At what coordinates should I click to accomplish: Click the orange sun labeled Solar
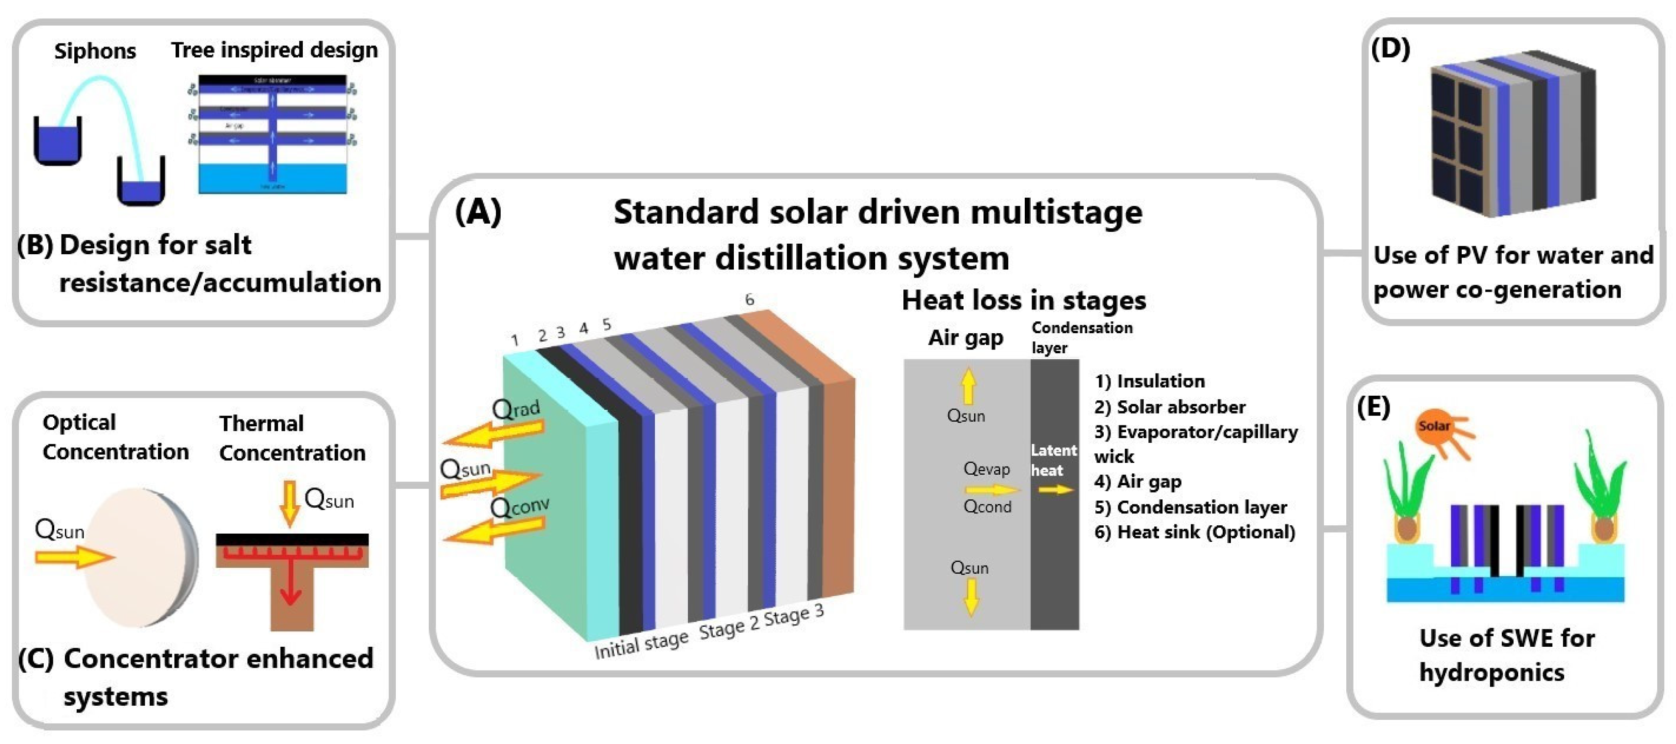[1435, 428]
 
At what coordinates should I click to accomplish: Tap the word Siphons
[95, 51]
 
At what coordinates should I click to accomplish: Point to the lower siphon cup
[140, 182]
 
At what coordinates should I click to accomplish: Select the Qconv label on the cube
[520, 506]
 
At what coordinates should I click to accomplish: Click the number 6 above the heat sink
[749, 299]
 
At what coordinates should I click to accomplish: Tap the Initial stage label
[641, 644]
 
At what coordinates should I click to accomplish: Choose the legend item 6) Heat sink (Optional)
[1194, 533]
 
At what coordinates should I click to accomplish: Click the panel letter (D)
[1391, 49]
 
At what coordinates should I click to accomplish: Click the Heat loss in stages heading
[1023, 300]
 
